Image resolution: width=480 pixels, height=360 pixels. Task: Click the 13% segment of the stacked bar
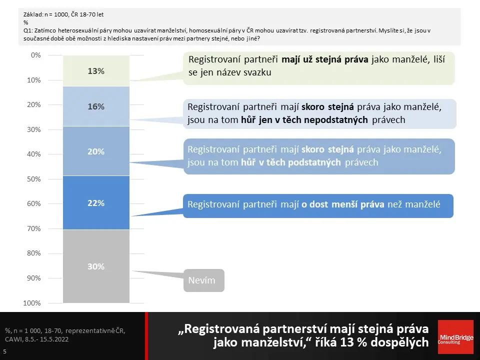pyautogui.click(x=96, y=71)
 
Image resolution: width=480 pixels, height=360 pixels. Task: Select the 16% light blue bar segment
pyautogui.click(x=96, y=106)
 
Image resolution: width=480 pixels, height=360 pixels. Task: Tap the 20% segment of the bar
pyautogui.click(x=96, y=151)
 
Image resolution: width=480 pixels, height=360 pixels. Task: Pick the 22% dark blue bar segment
pyautogui.click(x=96, y=202)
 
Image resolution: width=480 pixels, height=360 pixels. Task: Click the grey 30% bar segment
pyautogui.click(x=96, y=266)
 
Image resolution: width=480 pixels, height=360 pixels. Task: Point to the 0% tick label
pyautogui.click(x=36, y=55)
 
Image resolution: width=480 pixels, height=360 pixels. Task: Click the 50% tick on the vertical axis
pyautogui.click(x=33, y=179)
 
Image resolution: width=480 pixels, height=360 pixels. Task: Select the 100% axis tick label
pyautogui.click(x=32, y=303)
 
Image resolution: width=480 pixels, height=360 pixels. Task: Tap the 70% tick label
pyautogui.click(x=33, y=228)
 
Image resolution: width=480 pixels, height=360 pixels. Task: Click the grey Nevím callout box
pyautogui.click(x=204, y=280)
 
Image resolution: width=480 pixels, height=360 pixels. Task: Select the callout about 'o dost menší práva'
pyautogui.click(x=318, y=206)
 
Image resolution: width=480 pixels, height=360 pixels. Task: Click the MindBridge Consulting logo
pyautogui.click(x=455, y=336)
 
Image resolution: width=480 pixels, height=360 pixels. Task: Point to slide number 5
pyautogui.click(x=4, y=351)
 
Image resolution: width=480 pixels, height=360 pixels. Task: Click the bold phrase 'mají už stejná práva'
pyautogui.click(x=325, y=59)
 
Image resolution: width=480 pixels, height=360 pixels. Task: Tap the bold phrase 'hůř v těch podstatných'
pyautogui.click(x=291, y=162)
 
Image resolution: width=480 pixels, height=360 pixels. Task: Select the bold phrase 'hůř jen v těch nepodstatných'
pyautogui.click(x=304, y=119)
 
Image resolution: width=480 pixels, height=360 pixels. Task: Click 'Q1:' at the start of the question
pyautogui.click(x=28, y=30)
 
